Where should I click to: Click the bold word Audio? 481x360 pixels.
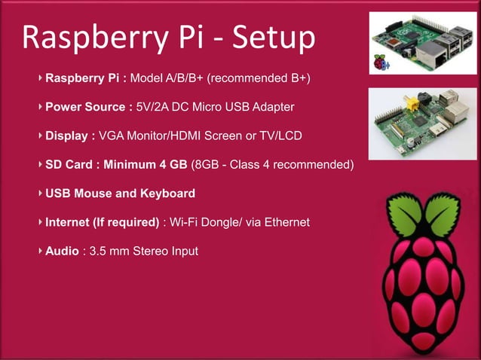tap(62, 251)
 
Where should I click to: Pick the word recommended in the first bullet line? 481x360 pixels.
tap(259, 78)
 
